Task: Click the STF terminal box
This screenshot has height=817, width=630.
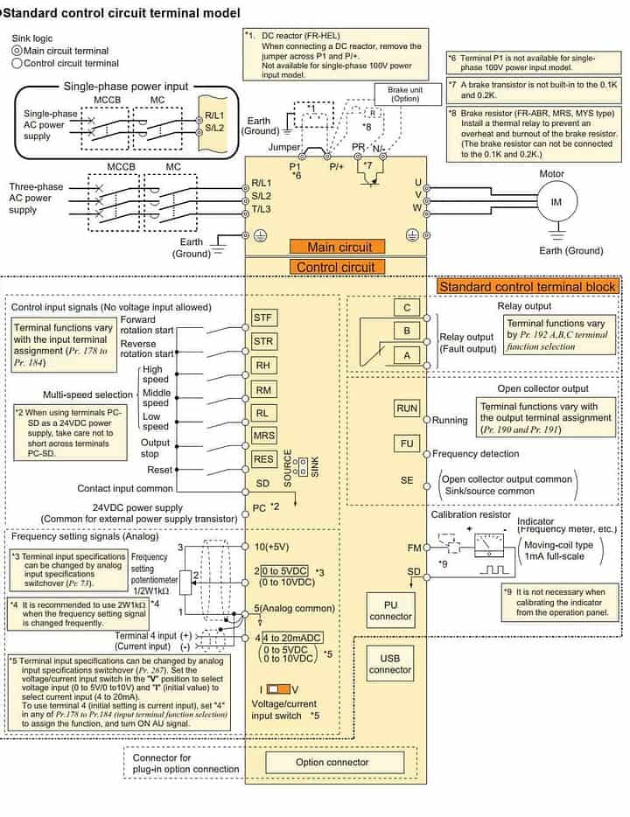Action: click(263, 317)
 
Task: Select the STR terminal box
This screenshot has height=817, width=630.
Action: click(263, 340)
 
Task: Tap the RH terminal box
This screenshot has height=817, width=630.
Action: click(262, 365)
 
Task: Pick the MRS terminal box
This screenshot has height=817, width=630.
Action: click(263, 435)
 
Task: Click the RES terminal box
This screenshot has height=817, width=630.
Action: click(263, 457)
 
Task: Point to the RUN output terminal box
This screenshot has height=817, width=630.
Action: click(408, 408)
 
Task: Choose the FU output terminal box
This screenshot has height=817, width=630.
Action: click(408, 443)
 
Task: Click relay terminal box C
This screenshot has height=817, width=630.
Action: click(407, 308)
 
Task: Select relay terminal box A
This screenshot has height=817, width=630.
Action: click(407, 355)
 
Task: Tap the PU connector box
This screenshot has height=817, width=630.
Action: click(390, 611)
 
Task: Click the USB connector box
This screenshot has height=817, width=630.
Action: click(390, 663)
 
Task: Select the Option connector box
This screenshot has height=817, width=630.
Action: click(332, 762)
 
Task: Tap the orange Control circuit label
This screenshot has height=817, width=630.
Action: click(335, 268)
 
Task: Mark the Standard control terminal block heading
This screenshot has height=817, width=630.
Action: click(528, 286)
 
